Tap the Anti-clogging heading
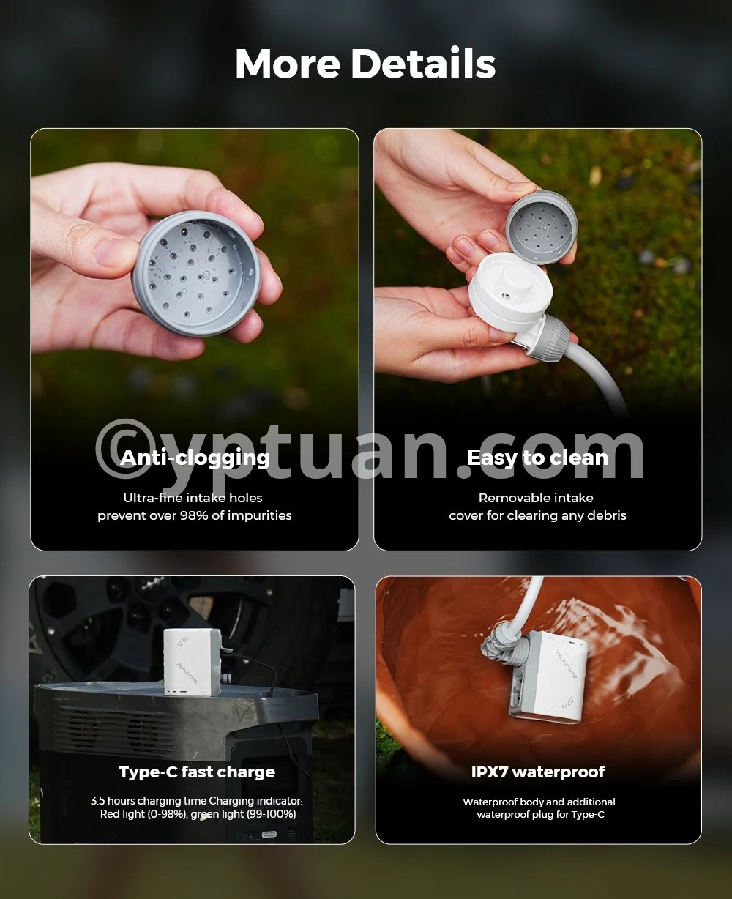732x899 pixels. pos(195,458)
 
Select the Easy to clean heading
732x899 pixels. pos(537,458)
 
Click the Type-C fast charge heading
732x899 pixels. pos(197,772)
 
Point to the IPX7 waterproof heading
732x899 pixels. pos(538,772)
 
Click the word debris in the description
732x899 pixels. pos(608,515)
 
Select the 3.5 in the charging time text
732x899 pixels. pos(98,801)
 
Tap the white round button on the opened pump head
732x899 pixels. pos(518,279)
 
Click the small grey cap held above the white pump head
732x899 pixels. pos(542,228)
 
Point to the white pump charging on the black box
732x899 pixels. pos(192,662)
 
